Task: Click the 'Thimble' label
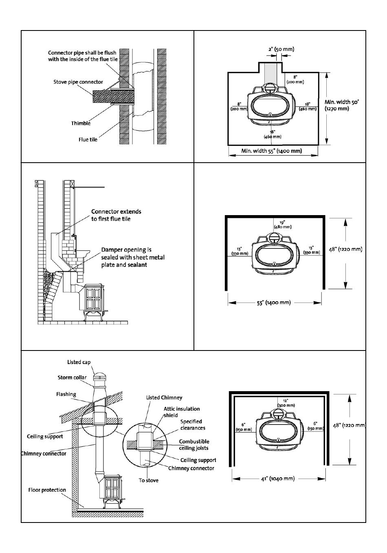coord(81,123)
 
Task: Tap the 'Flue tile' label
coord(88,139)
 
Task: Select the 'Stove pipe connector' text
coord(78,82)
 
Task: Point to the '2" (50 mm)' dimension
coord(281,49)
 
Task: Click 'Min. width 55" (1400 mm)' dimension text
coord(272,151)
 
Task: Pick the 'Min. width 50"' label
coord(342,102)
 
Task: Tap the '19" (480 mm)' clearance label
coord(283,224)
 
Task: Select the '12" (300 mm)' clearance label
coord(286,403)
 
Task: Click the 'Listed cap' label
coord(79,362)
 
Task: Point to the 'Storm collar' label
coord(72,377)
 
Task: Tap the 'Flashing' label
coord(66,394)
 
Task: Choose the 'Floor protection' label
coord(47,490)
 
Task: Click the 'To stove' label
coord(148,480)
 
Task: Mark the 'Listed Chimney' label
coord(164,398)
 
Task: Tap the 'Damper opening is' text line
coord(126,250)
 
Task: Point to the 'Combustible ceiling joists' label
coord(194,444)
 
